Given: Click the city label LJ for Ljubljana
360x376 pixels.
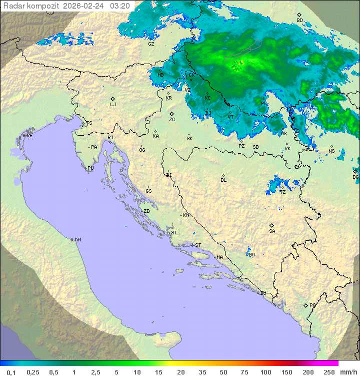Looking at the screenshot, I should tap(113, 105).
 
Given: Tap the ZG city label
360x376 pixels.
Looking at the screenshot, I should tap(172, 120).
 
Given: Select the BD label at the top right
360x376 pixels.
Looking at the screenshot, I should tap(299, 21).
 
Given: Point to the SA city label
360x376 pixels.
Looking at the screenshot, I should tap(272, 231).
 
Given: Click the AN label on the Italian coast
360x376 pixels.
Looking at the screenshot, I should tap(77, 240).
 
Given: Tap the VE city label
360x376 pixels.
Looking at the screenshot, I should tap(29, 136).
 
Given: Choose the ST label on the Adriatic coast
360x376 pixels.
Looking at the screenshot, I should tap(198, 245).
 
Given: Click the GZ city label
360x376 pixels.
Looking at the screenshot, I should tap(151, 44).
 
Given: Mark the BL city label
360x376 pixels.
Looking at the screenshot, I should tap(223, 180).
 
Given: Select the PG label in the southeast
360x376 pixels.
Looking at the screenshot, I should tap(312, 305).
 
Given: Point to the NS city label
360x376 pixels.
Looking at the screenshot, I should tap(331, 151).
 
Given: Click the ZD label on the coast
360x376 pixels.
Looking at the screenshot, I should tap(146, 211).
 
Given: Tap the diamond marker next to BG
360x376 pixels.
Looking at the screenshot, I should tap(355, 171).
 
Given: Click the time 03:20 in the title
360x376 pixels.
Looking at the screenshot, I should tap(120, 6).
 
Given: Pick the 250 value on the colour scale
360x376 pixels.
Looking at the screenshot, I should tap(329, 372).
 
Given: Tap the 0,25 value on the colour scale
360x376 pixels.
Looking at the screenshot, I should tap(33, 372).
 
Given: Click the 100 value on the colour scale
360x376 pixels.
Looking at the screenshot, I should tap(265, 372).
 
